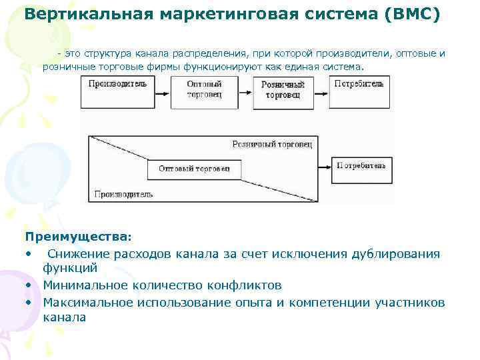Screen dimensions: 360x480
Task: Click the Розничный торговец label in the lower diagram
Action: [271, 144]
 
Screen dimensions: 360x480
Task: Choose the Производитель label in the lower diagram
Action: [123, 195]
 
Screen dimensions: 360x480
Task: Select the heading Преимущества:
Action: [79, 237]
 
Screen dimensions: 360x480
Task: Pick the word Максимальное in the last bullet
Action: [89, 302]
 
